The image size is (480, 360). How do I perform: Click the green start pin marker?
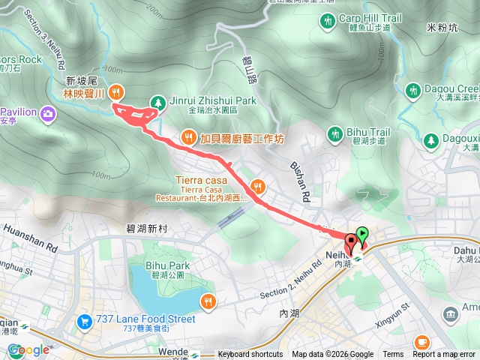pos(363,235)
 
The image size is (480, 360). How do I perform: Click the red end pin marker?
pos(351,243)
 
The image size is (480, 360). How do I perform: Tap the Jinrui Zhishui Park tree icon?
pos(157,101)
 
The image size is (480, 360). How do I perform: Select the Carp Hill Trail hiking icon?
pos(328,20)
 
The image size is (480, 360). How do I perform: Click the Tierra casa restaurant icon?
pos(257,186)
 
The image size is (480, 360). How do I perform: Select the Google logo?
pos(28,349)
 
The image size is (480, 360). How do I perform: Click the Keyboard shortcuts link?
pos(250,355)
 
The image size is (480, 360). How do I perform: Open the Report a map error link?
pos(445,355)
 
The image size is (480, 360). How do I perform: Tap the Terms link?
pos(393,355)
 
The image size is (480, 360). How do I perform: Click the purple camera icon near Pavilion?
pos(49,113)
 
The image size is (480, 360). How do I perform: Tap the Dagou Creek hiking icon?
pos(412,91)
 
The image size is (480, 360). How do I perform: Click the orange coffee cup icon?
pos(421,342)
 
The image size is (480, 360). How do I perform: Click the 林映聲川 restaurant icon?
pos(115,93)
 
